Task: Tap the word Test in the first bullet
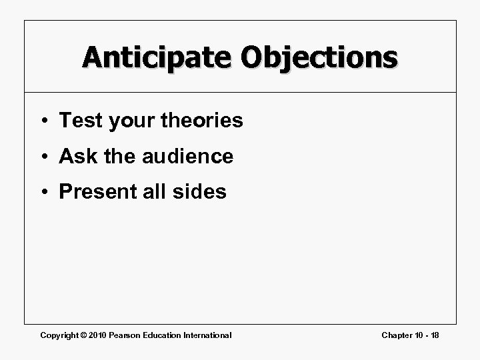click(78, 121)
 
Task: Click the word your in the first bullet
click(127, 121)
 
